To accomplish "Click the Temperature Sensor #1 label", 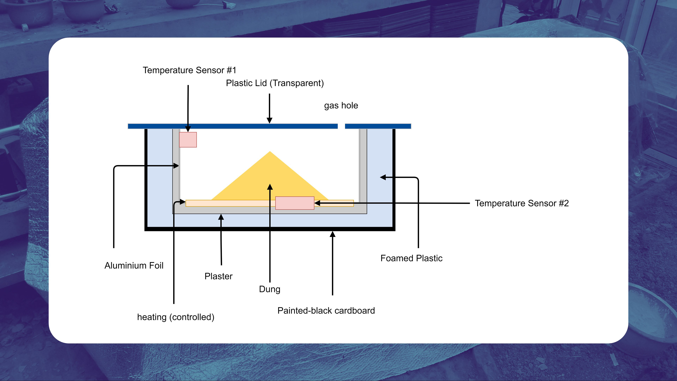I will pos(189,70).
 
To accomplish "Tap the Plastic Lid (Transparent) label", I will pos(275,83).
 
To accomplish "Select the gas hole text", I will pos(341,105).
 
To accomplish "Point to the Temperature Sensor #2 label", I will pos(522,203).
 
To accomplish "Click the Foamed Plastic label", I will pos(411,258).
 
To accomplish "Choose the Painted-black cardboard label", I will pos(326,310).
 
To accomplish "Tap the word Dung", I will pos(270,289).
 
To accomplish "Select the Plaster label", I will pos(218,276).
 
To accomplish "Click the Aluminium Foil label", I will pos(134,266).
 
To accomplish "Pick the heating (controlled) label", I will pos(176,317).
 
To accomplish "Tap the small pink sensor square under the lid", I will pos(188,140).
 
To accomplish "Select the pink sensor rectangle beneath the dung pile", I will pos(295,203).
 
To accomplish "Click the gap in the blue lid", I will pos(341,126).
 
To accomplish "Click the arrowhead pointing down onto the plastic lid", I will pos(269,120).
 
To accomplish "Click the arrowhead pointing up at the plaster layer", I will pos(221,217).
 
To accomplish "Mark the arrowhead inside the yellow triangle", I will pos(270,187).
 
